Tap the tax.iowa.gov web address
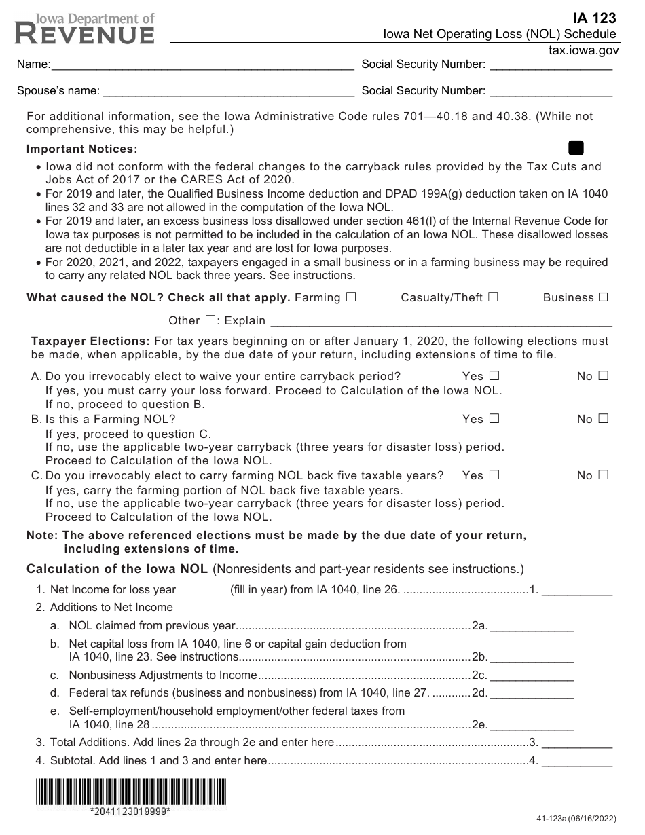(x=583, y=50)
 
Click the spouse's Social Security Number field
(x=551, y=90)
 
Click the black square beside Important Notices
(x=576, y=148)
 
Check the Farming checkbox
(x=350, y=297)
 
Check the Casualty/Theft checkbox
(x=493, y=297)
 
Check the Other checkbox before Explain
(x=210, y=320)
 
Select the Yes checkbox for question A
(x=494, y=376)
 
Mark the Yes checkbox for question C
(x=494, y=475)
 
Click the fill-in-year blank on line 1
(x=203, y=589)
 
